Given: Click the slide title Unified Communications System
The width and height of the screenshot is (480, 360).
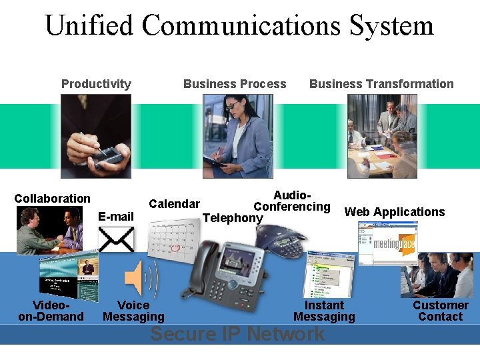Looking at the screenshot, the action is pos(239,26).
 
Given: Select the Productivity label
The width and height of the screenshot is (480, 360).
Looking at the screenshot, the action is pos(96,84).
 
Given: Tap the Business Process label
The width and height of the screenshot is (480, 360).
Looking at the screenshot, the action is pos(235,84).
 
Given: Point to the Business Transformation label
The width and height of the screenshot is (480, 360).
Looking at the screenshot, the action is pos(381,84).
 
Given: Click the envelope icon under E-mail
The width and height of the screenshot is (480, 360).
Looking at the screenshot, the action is pos(116,240).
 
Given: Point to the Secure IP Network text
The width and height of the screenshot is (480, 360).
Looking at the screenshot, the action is pos(237,334).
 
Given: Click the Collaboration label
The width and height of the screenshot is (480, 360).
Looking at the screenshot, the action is pos(52,199).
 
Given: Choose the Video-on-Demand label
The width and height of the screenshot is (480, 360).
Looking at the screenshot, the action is pos(51,311).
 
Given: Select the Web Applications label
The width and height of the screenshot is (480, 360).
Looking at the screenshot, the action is pos(395,212).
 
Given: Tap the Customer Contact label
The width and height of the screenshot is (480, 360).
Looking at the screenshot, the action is pos(440,311).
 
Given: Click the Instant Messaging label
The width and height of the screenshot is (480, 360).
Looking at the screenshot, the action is pos(324,311).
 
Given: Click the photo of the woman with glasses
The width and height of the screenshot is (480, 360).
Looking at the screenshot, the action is pos(238,136).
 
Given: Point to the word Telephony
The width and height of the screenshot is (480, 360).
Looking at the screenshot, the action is pos(232,218).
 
